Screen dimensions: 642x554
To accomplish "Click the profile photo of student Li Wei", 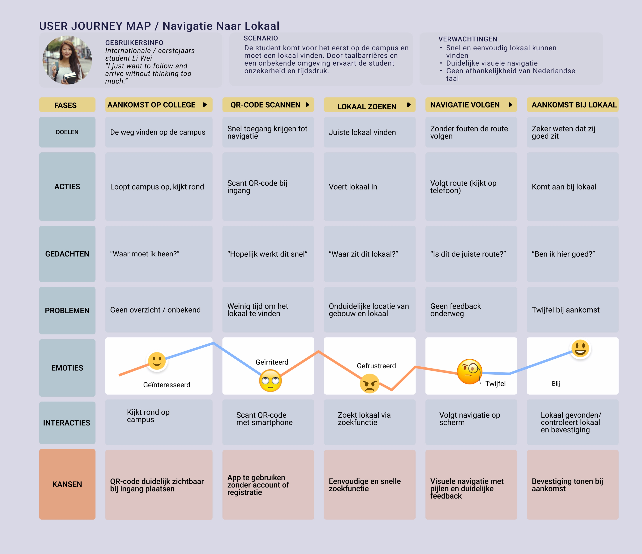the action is pos(67,60).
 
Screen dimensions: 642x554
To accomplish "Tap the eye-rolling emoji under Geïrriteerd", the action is pos(270,381).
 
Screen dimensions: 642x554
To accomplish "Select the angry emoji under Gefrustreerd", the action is pos(369,384).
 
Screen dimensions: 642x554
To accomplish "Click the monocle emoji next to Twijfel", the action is pos(469,371).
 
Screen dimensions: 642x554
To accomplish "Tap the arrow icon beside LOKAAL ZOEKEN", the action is pos(409,105).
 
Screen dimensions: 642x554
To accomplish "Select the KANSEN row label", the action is pos(67,484).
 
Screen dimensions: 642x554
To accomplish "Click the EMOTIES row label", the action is pos(67,368).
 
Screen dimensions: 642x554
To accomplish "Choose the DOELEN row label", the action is pos(67,132).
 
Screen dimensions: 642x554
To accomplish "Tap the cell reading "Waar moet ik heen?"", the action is pos(159,254).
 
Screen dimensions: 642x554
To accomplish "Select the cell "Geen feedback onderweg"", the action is pos(471,310).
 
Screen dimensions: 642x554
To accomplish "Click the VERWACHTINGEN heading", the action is pos(467,39).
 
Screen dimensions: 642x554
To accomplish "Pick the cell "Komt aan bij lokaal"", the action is pos(573,187).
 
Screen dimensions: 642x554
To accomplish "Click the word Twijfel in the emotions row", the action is pos(495,384).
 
